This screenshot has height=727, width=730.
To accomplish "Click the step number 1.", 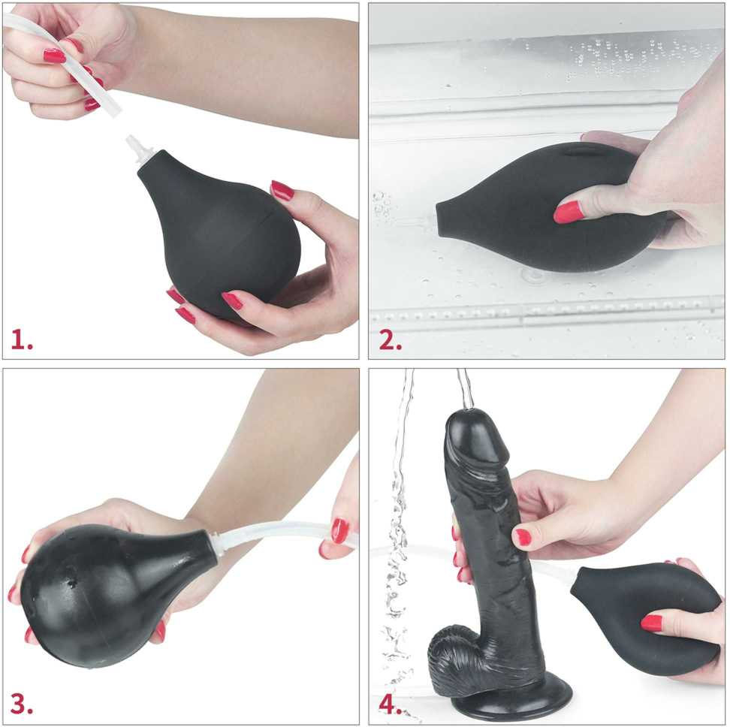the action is click(22, 339).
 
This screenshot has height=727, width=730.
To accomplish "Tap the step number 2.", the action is click(390, 339).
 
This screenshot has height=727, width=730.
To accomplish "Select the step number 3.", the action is click(22, 704).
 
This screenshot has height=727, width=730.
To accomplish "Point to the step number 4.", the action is click(390, 704).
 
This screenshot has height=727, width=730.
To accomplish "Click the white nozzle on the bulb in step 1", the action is click(139, 150).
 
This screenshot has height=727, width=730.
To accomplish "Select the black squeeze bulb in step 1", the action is click(219, 233).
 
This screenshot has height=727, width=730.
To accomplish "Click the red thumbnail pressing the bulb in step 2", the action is click(568, 212).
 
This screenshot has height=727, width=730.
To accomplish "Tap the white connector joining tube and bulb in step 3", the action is click(218, 544).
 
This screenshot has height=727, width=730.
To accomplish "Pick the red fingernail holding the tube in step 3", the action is click(340, 530).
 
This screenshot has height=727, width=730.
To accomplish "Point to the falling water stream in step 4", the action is click(398, 535).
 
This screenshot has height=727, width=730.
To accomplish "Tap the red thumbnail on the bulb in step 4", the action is click(651, 623).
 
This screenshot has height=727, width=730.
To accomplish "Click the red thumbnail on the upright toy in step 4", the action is click(523, 537).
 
